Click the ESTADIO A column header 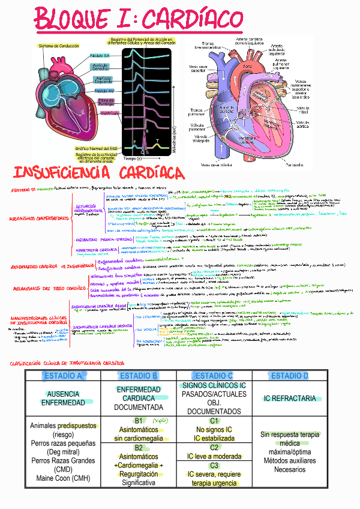pos(62,376)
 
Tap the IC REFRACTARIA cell pos(289,398)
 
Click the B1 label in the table pos(139,421)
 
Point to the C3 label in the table pos(214,465)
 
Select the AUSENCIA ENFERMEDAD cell pos(62,398)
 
